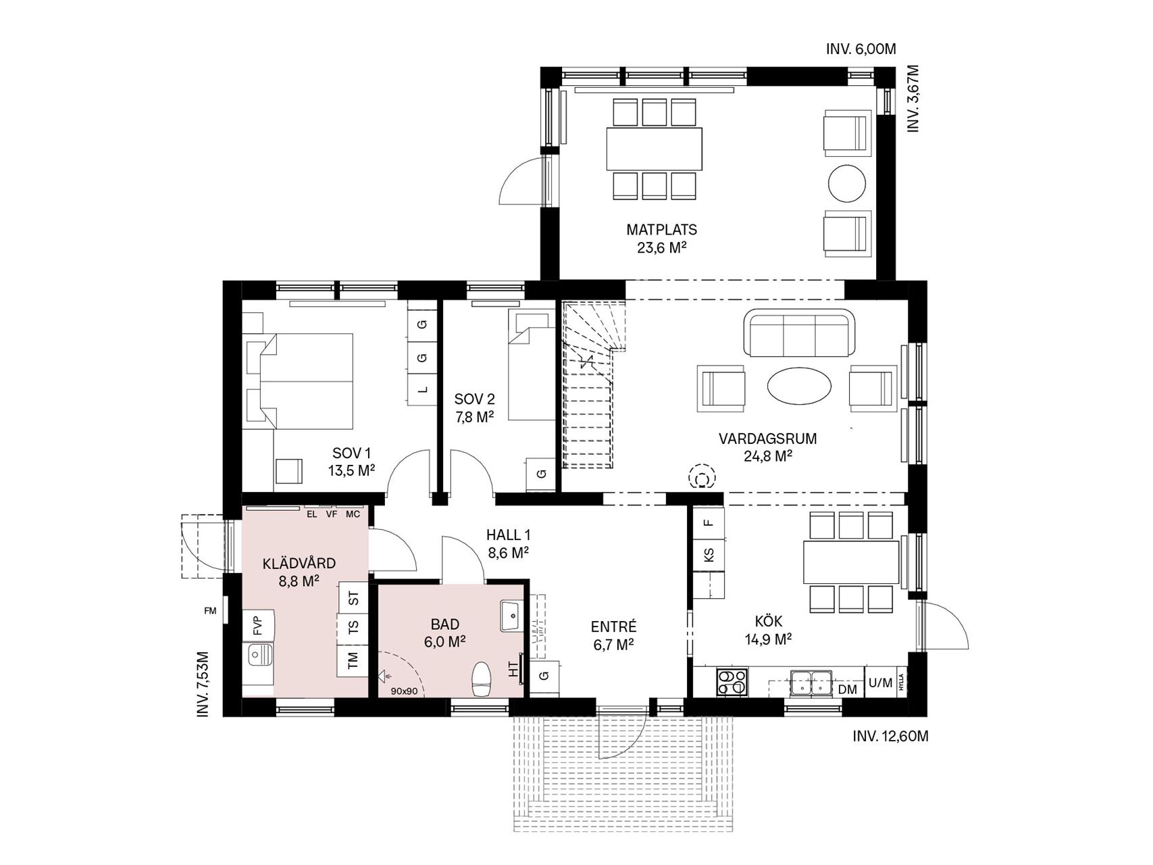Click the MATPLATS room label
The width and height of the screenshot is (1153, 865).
point(661,230)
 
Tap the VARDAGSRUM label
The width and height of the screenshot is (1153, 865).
point(767,439)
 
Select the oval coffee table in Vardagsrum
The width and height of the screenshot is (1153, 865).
point(799,387)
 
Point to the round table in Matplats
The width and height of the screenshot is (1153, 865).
point(846,183)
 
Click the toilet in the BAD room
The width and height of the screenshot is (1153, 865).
point(482,679)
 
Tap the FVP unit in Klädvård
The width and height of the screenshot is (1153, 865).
point(259,625)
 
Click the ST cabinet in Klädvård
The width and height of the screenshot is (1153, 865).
point(353,598)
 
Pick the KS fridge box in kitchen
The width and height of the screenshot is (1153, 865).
point(709,555)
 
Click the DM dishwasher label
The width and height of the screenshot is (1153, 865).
point(847,689)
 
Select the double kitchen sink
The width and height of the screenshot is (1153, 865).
point(811,682)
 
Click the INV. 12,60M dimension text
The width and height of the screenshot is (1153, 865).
point(891,737)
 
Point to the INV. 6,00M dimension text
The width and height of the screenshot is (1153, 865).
point(861,49)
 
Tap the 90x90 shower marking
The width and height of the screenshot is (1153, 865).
point(405,691)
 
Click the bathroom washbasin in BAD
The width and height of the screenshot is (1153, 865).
point(512,616)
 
